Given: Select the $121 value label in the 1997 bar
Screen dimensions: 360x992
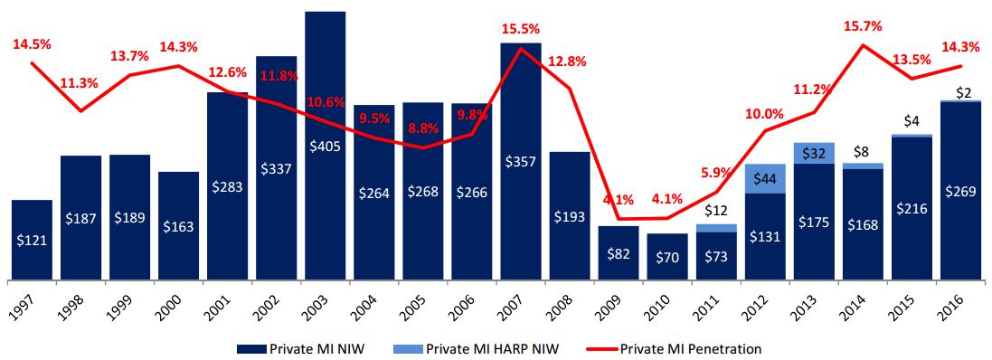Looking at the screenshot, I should pos(32,241).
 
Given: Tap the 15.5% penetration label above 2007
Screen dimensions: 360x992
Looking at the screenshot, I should pos(520,30).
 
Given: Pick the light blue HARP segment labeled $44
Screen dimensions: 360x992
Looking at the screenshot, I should pos(765,179).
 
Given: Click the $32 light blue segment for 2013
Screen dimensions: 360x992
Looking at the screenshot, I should pos(813,153).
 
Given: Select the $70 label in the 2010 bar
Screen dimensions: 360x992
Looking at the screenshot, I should pos(667,258).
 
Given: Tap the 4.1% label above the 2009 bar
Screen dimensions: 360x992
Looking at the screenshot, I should pos(619,200).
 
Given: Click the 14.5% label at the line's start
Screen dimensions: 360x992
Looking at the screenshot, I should pos(31,43).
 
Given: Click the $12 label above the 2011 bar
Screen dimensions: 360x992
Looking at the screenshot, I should pos(715,212).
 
